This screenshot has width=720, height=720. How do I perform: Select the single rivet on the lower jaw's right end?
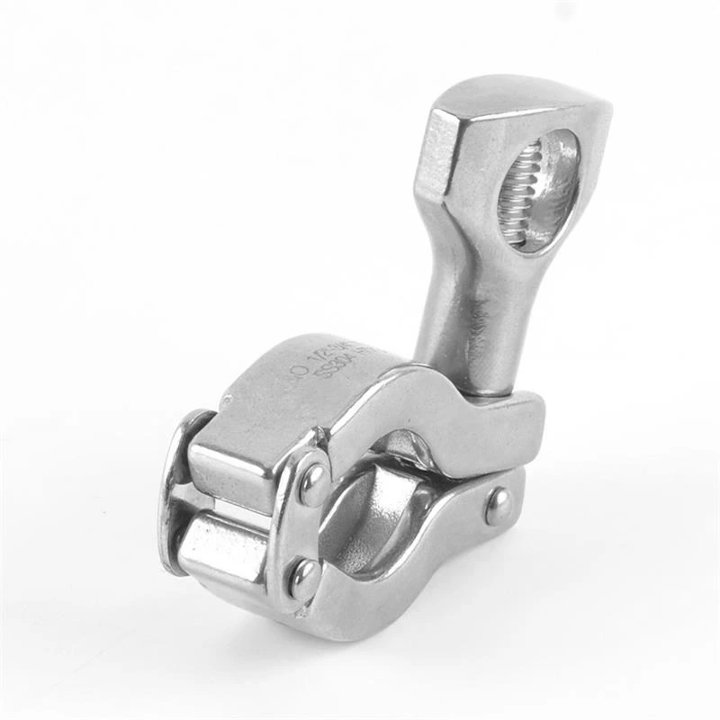coord(498,506)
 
